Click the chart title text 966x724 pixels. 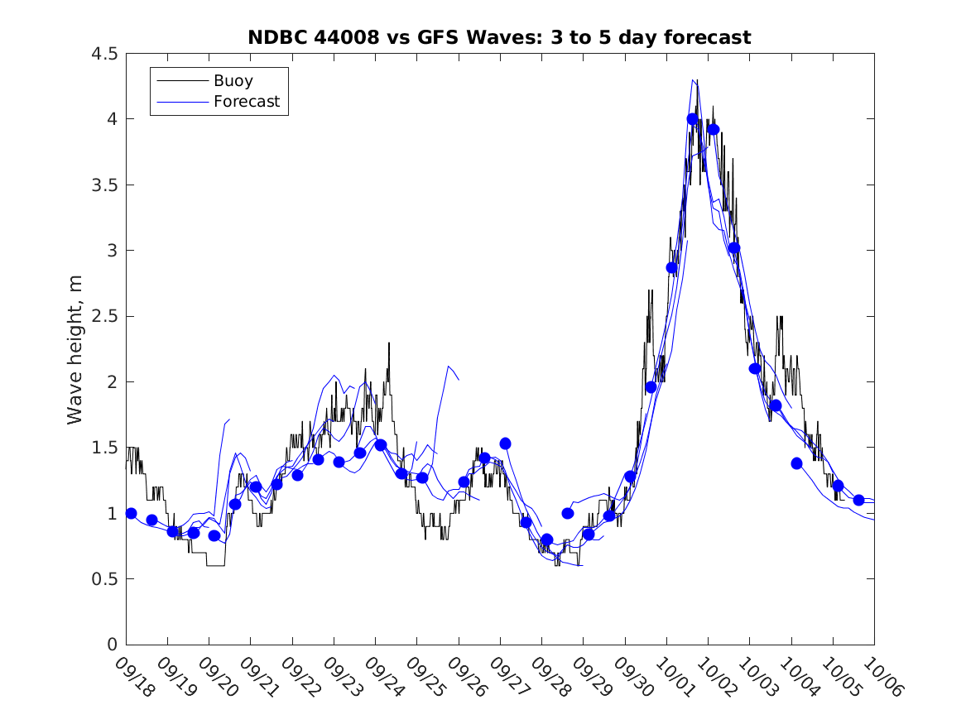click(499, 37)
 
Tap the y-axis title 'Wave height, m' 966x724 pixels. click(75, 349)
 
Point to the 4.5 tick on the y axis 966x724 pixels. click(105, 54)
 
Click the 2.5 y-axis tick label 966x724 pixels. click(105, 316)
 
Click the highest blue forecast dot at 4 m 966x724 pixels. click(693, 119)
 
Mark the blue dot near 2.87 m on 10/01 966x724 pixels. click(672, 267)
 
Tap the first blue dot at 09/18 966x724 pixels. click(131, 513)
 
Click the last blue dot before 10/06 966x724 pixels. click(858, 500)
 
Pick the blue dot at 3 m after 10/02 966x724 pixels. click(734, 248)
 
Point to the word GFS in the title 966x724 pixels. click(442, 37)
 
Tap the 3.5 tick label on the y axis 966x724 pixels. click(105, 185)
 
